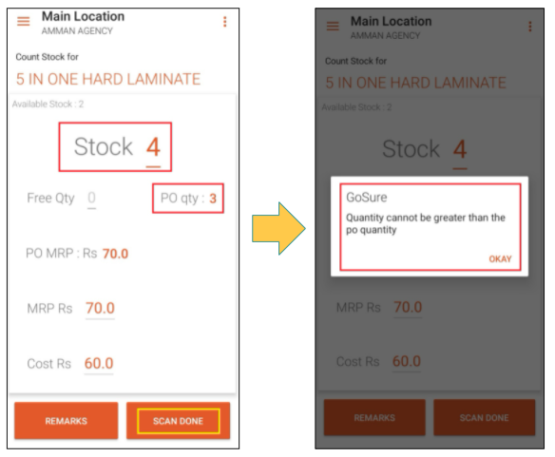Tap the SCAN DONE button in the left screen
pyautogui.click(x=178, y=421)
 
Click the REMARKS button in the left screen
pyautogui.click(x=67, y=421)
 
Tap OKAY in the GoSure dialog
pyautogui.click(x=500, y=259)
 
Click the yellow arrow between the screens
pyautogui.click(x=278, y=228)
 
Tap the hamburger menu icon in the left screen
pyautogui.click(x=24, y=21)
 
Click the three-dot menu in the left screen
pyautogui.click(x=225, y=22)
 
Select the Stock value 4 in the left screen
pyautogui.click(x=153, y=147)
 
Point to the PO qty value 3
pyautogui.click(x=213, y=199)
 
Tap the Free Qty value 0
pyautogui.click(x=91, y=198)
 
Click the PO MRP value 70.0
pyautogui.click(x=115, y=254)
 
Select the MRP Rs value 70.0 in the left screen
pyautogui.click(x=100, y=309)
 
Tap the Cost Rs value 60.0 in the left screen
pyautogui.click(x=99, y=364)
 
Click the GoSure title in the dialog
pyautogui.click(x=367, y=198)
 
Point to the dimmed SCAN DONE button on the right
pyautogui.click(x=485, y=418)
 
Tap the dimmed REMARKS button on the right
pyautogui.click(x=374, y=418)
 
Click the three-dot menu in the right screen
pyautogui.click(x=530, y=27)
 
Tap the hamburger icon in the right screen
pyautogui.click(x=333, y=26)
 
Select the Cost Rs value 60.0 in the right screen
pyautogui.click(x=407, y=361)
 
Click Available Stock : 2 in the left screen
pyautogui.click(x=48, y=105)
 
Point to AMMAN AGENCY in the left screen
pyautogui.click(x=77, y=31)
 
